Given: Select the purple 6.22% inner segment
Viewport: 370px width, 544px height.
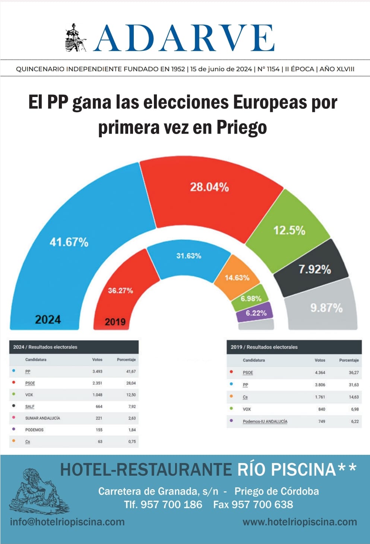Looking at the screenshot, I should (256, 313).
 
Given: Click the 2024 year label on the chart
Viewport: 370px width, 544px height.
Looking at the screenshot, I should (48, 320).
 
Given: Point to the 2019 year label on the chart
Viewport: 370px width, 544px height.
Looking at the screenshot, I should (115, 322).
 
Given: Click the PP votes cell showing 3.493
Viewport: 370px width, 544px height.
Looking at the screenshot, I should (97, 372).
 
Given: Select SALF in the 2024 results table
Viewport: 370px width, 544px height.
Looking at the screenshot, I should (30, 407).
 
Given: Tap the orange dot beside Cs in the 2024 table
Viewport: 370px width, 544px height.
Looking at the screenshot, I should (14, 441).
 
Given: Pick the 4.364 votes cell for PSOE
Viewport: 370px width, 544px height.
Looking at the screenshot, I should (320, 373).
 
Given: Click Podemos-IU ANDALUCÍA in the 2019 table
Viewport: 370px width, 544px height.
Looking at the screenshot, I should (265, 422).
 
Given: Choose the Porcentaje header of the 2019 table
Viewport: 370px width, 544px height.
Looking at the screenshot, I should (349, 360).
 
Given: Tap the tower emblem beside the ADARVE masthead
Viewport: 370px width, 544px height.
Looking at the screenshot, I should (75, 38).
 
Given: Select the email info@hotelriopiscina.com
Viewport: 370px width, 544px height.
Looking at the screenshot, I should (67, 522).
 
